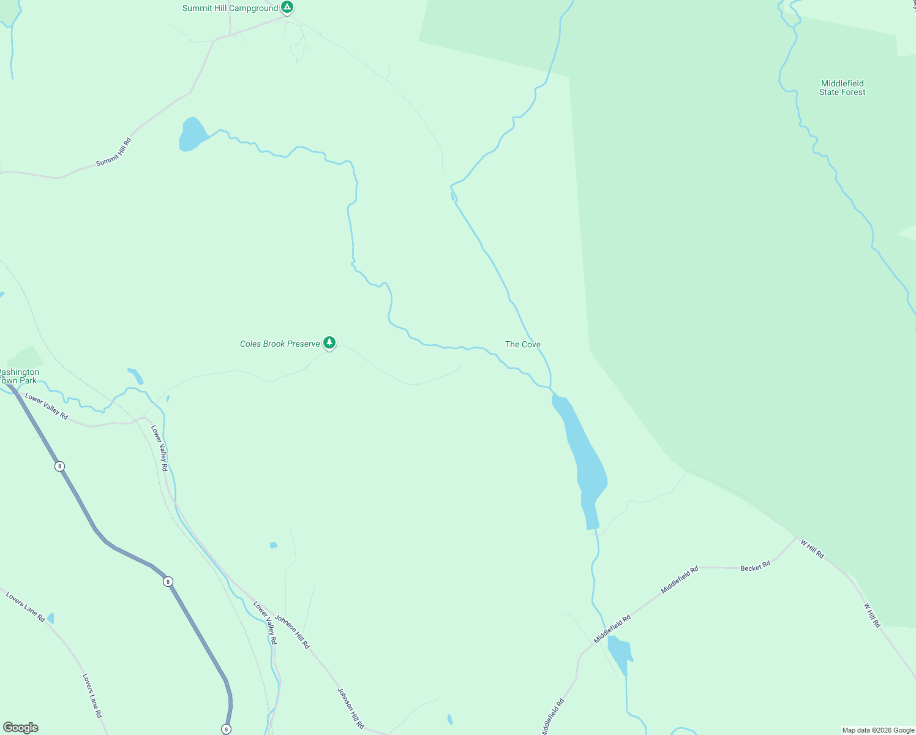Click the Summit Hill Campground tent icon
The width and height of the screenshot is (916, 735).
(x=287, y=7)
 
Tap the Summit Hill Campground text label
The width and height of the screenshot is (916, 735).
(x=230, y=9)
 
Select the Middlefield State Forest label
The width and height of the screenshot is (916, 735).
(x=842, y=88)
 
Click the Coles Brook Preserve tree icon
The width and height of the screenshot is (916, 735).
(x=329, y=342)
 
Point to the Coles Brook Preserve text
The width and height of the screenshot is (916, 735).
(x=280, y=344)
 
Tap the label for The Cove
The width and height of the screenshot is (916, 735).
(x=522, y=345)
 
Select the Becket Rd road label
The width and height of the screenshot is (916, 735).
(x=755, y=567)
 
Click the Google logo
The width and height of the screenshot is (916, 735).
(x=21, y=728)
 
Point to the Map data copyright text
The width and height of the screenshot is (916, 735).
(x=878, y=730)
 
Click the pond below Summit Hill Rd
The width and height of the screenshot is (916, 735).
(x=192, y=134)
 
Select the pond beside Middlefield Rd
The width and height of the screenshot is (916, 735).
(x=619, y=653)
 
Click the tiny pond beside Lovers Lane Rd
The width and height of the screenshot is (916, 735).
(x=50, y=618)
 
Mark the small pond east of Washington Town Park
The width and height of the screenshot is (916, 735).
(x=135, y=375)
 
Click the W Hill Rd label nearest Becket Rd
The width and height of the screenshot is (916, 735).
(x=812, y=548)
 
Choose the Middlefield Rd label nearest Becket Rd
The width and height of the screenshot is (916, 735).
(x=680, y=580)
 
